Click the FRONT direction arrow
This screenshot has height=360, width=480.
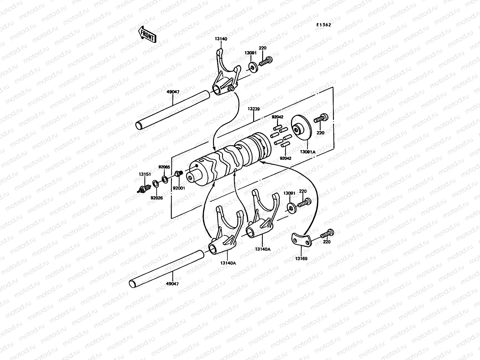pos(147,34)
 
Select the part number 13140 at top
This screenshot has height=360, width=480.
pos(221,39)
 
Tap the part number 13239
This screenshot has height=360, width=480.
pos(254,109)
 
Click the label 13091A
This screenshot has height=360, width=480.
pos(308,152)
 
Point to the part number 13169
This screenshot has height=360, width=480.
pos(301,258)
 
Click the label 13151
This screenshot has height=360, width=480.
pos(145,174)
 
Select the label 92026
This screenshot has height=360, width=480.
pos(157,198)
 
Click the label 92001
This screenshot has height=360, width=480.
pos(179,188)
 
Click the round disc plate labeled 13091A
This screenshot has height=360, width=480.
pos(301,128)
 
